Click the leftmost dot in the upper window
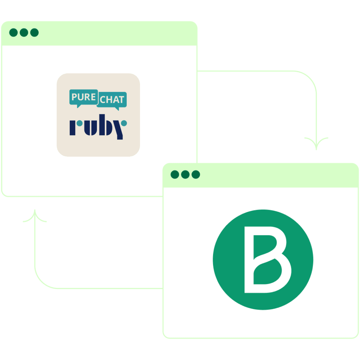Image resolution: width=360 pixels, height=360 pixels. (x=13, y=33)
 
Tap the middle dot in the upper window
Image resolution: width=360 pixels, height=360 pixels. (x=24, y=33)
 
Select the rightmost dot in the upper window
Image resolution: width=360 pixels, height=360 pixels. (x=34, y=33)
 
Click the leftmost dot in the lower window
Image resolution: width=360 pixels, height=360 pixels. (x=175, y=174)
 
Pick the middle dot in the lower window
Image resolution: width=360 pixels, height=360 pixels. (x=185, y=174)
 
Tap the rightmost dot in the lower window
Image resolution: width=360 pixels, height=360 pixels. (x=196, y=174)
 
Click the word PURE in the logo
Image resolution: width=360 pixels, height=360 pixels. (x=83, y=97)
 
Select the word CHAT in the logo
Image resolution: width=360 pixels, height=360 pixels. (x=112, y=100)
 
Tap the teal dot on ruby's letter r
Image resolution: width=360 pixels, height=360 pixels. (x=79, y=123)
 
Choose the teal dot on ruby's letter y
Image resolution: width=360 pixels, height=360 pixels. (x=124, y=123)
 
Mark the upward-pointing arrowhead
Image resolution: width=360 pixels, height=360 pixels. (x=35, y=215)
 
